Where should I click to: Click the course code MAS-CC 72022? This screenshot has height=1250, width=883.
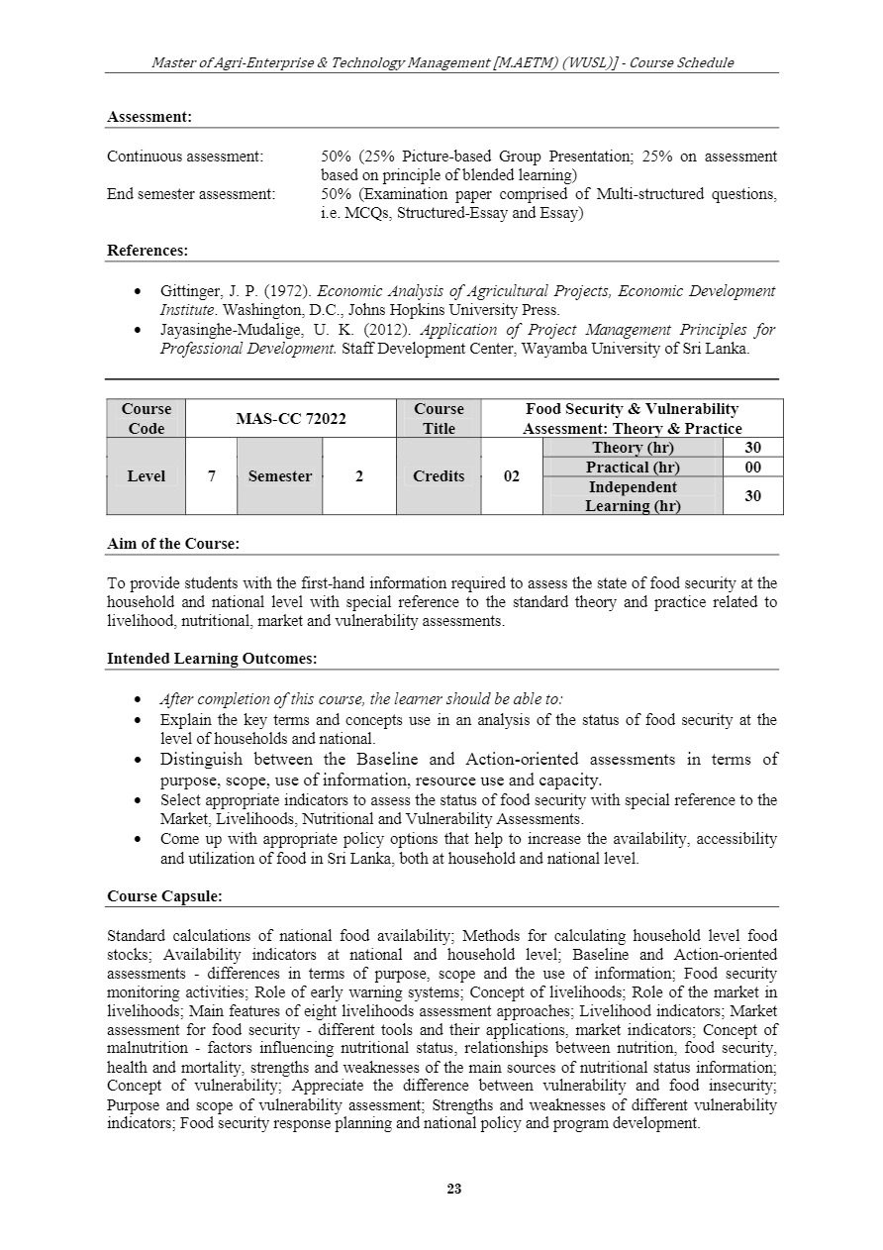click(290, 419)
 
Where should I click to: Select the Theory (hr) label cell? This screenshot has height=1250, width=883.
click(633, 448)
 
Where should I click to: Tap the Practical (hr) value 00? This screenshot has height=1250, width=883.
click(752, 468)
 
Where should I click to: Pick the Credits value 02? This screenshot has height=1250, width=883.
click(512, 476)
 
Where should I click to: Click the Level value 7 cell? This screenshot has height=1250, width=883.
click(211, 476)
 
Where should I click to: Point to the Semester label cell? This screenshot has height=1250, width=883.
click(279, 476)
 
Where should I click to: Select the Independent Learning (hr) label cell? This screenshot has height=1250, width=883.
click(633, 496)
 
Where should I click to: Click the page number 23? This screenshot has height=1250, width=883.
click(454, 1189)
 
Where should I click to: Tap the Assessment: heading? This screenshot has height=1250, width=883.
click(149, 117)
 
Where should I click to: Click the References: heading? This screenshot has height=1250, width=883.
click(147, 252)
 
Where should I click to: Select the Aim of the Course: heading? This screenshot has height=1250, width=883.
click(173, 544)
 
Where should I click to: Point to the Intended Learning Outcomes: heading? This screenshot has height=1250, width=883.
click(212, 658)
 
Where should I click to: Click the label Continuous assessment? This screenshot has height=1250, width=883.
click(185, 156)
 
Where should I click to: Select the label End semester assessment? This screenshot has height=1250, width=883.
click(191, 194)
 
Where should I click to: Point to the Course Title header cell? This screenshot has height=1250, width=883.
click(439, 419)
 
